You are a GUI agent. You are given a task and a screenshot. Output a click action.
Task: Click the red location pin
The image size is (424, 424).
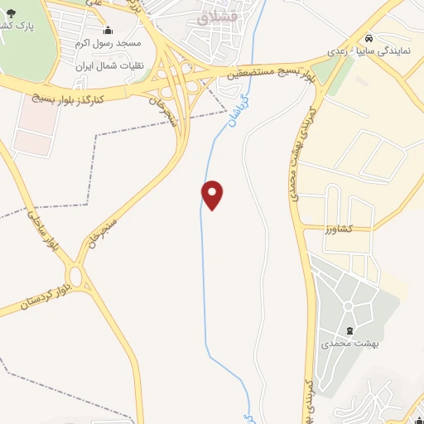(x=213, y=194)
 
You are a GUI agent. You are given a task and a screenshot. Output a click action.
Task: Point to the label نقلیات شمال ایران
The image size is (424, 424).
(x=109, y=65)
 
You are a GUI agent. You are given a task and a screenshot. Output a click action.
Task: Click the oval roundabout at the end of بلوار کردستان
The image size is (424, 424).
(x=76, y=275)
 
